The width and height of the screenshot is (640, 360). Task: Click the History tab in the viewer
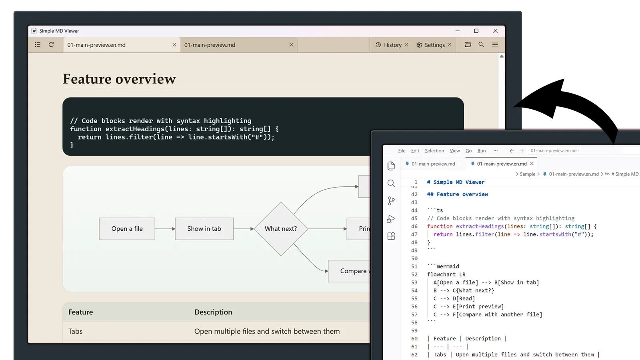pyautogui.click(x=388, y=45)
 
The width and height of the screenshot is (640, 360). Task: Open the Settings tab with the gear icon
pyautogui.click(x=430, y=45)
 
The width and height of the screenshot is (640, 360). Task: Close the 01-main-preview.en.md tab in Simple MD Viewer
pyautogui.click(x=174, y=44)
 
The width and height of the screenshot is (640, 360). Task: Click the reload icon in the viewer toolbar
pyautogui.click(x=51, y=44)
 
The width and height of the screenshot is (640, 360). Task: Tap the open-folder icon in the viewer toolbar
pyautogui.click(x=468, y=44)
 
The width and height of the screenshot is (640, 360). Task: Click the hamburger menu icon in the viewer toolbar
pyautogui.click(x=495, y=44)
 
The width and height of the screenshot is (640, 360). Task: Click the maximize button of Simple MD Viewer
pyautogui.click(x=476, y=31)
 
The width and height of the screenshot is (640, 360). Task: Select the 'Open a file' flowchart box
pyautogui.click(x=127, y=229)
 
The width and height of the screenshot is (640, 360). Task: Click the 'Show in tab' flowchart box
pyautogui.click(x=204, y=229)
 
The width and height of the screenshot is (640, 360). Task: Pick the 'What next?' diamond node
pyautogui.click(x=281, y=229)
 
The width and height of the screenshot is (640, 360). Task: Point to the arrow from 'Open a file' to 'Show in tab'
pyautogui.click(x=165, y=229)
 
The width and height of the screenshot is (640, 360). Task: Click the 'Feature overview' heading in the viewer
pyautogui.click(x=119, y=79)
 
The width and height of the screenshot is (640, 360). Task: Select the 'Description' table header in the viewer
pyautogui.click(x=213, y=312)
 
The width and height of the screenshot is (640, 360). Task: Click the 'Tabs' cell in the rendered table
pyautogui.click(x=76, y=331)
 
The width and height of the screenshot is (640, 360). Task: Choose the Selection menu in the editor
pyautogui.click(x=434, y=150)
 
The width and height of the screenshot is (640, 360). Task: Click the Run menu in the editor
pyautogui.click(x=482, y=150)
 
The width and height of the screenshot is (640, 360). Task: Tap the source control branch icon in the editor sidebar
pyautogui.click(x=391, y=201)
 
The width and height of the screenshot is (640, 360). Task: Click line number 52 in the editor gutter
pyautogui.click(x=414, y=274)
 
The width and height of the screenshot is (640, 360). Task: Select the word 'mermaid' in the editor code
pyautogui.click(x=448, y=266)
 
